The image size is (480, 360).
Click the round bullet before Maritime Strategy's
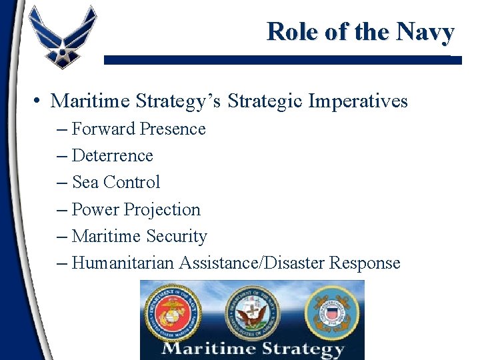pos(38,101)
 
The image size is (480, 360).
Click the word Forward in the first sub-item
pos(101,129)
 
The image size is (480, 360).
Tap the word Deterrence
pos(112,156)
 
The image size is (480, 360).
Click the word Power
pos(95,209)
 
